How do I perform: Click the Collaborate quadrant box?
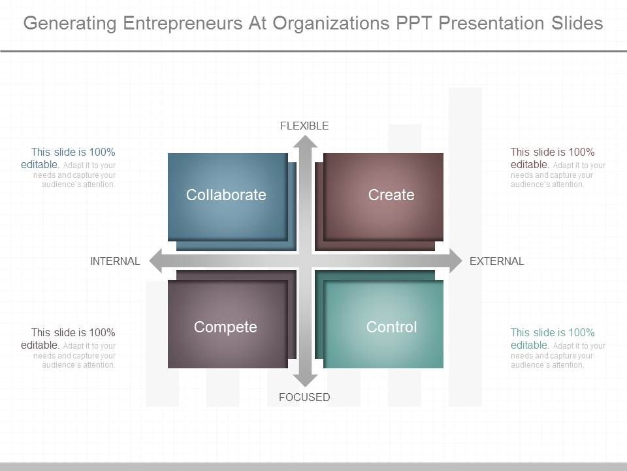click(227, 196)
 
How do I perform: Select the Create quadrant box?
click(383, 196)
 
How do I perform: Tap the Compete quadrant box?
click(227, 325)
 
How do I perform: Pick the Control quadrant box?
click(383, 325)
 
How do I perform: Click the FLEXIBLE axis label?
click(304, 126)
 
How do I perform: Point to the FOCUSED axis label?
click(304, 397)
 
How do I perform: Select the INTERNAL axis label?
click(115, 262)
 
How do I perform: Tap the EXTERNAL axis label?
click(496, 262)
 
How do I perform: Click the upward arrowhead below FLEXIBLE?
click(305, 143)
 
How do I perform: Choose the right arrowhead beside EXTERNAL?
click(453, 262)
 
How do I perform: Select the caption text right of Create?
click(558, 167)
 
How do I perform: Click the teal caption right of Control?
click(558, 347)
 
